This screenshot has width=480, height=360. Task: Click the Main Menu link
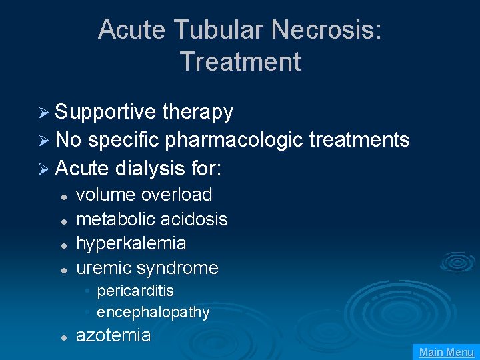tap(446, 352)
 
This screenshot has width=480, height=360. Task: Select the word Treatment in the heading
tap(240, 62)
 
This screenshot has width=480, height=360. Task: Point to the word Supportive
tap(105, 112)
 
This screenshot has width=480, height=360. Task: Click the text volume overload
tap(144, 195)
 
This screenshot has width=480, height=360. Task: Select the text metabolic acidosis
tap(152, 219)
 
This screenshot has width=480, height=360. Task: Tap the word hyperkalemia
tap(131, 243)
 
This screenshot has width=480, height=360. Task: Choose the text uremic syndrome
tap(147, 268)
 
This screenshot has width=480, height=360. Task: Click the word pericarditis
tap(135, 291)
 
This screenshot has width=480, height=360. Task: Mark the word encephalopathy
tap(153, 312)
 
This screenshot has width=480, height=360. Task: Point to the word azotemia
tap(113, 335)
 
